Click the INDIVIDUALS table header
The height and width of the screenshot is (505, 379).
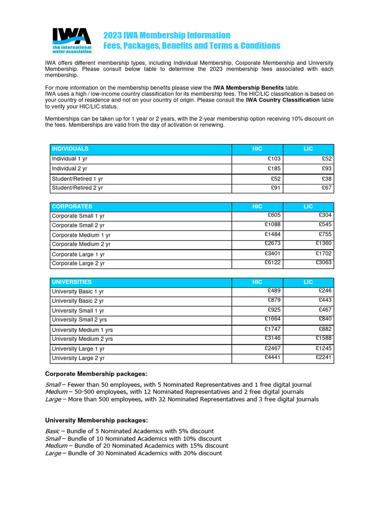click(70, 148)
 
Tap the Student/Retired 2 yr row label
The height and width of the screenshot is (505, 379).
click(77, 188)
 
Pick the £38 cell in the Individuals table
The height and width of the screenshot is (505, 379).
click(326, 179)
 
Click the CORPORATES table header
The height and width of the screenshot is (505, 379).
click(72, 207)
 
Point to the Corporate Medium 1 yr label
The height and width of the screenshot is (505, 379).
click(81, 235)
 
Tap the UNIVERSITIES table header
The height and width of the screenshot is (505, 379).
click(72, 282)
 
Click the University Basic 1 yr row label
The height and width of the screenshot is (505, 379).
click(77, 291)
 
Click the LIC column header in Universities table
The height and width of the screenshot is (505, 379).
click(308, 282)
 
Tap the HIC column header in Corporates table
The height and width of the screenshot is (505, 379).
click(257, 207)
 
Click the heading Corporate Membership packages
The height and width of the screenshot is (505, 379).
click(96, 374)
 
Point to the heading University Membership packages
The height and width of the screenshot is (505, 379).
click(96, 420)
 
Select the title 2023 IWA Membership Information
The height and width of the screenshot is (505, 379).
click(166, 36)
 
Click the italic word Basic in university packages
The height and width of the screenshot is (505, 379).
click(53, 431)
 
